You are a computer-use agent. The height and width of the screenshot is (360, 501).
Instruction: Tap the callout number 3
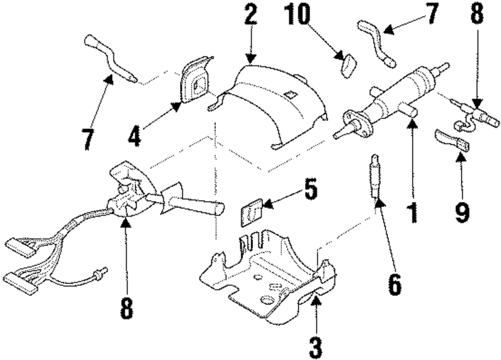(x=315, y=345)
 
